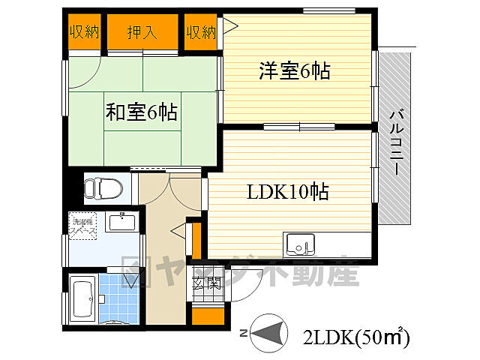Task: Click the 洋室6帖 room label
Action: tap(295, 71)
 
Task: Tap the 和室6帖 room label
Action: tap(141, 113)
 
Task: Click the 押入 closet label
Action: tap(140, 32)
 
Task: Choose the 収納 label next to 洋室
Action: tap(201, 32)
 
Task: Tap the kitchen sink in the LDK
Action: tap(299, 244)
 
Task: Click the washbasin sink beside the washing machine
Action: tap(121, 221)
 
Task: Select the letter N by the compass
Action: tap(242, 332)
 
